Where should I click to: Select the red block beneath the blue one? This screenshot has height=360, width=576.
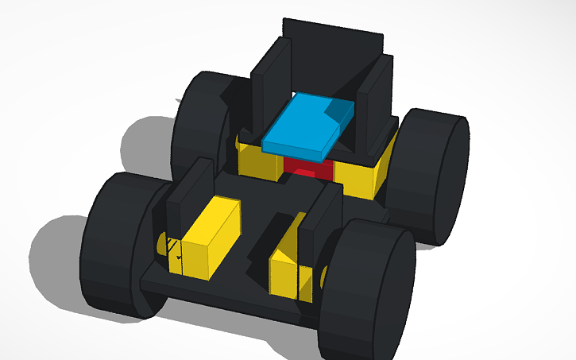306,168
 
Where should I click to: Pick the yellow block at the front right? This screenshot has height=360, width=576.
290,266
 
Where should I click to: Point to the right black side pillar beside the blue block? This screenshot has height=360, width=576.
373,111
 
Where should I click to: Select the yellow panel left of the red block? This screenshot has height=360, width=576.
258,163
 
